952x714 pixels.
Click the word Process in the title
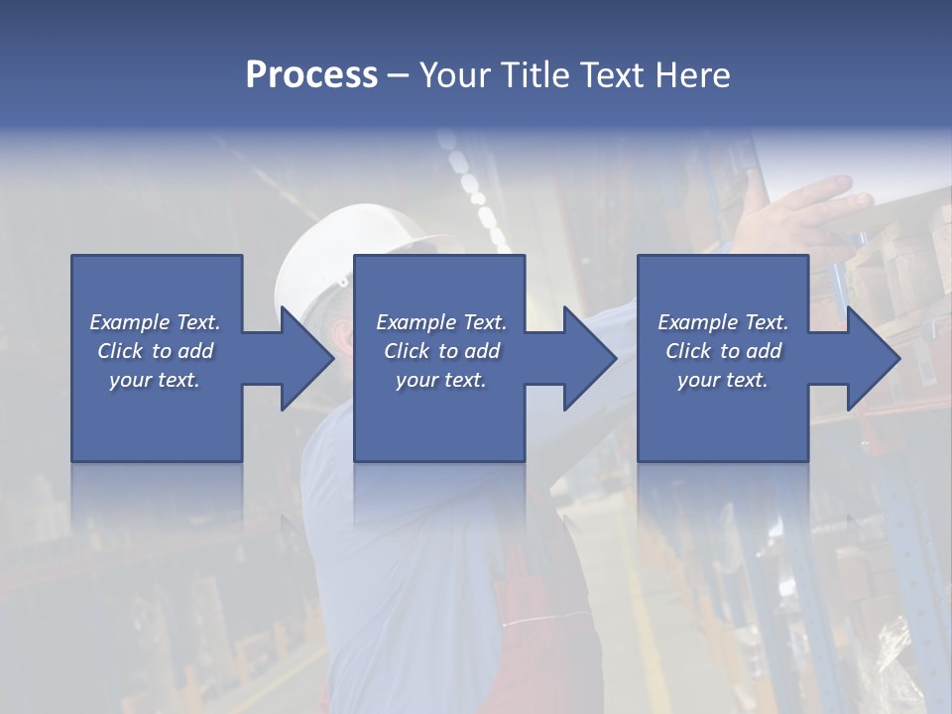[311, 75]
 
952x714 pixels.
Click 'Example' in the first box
[129, 322]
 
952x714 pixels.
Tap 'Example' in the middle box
[416, 322]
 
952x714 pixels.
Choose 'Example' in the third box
[697, 322]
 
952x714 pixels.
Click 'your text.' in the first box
[155, 380]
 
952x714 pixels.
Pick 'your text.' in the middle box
[440, 380]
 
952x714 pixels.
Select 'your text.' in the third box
[723, 380]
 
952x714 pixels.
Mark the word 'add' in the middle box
[482, 351]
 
